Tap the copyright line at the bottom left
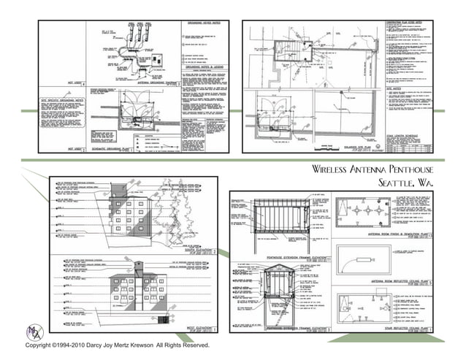click(x=117, y=345)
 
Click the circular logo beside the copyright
click(x=32, y=329)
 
